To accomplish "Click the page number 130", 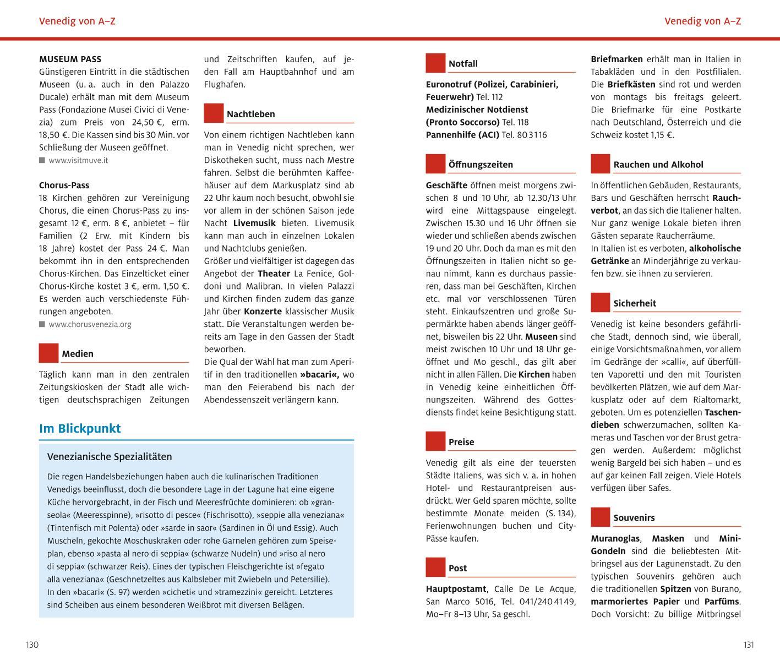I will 32,645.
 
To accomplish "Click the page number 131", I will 748,645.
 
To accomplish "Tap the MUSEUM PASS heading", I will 70,59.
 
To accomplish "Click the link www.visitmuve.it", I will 78,160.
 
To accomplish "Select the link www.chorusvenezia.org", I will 90,324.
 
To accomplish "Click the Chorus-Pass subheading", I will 64,185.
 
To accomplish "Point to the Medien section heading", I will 78,354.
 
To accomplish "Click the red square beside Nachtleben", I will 214,113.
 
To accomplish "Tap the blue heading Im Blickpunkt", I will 80,429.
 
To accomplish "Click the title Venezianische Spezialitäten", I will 110,457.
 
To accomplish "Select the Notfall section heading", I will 463,64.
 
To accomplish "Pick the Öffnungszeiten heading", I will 481,165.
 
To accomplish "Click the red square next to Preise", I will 435,441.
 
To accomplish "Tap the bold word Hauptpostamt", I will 456,589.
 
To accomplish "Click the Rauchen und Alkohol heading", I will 658,165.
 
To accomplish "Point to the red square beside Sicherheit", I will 601,302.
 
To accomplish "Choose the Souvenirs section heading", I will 634,518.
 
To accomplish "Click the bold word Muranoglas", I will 615,538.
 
